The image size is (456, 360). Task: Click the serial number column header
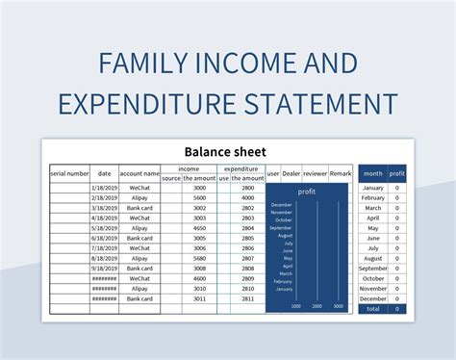pos(69,173)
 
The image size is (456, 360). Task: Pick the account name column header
pos(139,173)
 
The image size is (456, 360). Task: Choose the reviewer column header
pos(315,173)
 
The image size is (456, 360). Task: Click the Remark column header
pos(341,173)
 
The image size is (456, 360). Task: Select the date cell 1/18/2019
pos(104,187)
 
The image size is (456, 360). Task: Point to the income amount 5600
pos(199,197)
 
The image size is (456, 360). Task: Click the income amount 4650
pos(199,227)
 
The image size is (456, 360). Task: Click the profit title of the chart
pos(307,192)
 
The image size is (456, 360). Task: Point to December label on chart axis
pos(282,205)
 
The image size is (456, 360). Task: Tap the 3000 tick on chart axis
pos(338,306)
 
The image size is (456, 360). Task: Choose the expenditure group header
pos(241,168)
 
